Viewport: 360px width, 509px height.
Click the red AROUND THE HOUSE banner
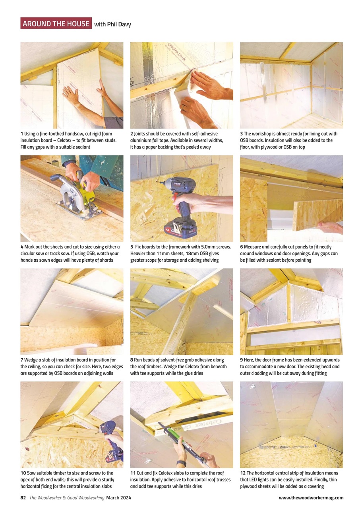point(56,23)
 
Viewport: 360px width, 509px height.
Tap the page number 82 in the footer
point(23,497)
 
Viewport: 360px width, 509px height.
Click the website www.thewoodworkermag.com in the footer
point(311,497)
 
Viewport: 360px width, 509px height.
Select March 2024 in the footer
point(118,497)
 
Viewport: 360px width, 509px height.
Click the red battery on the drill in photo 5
point(181,229)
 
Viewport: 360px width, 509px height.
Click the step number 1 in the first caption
point(22,134)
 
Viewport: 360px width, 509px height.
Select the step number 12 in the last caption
point(242,473)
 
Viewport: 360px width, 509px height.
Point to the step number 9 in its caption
point(242,360)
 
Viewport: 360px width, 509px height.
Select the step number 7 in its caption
point(22,360)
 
